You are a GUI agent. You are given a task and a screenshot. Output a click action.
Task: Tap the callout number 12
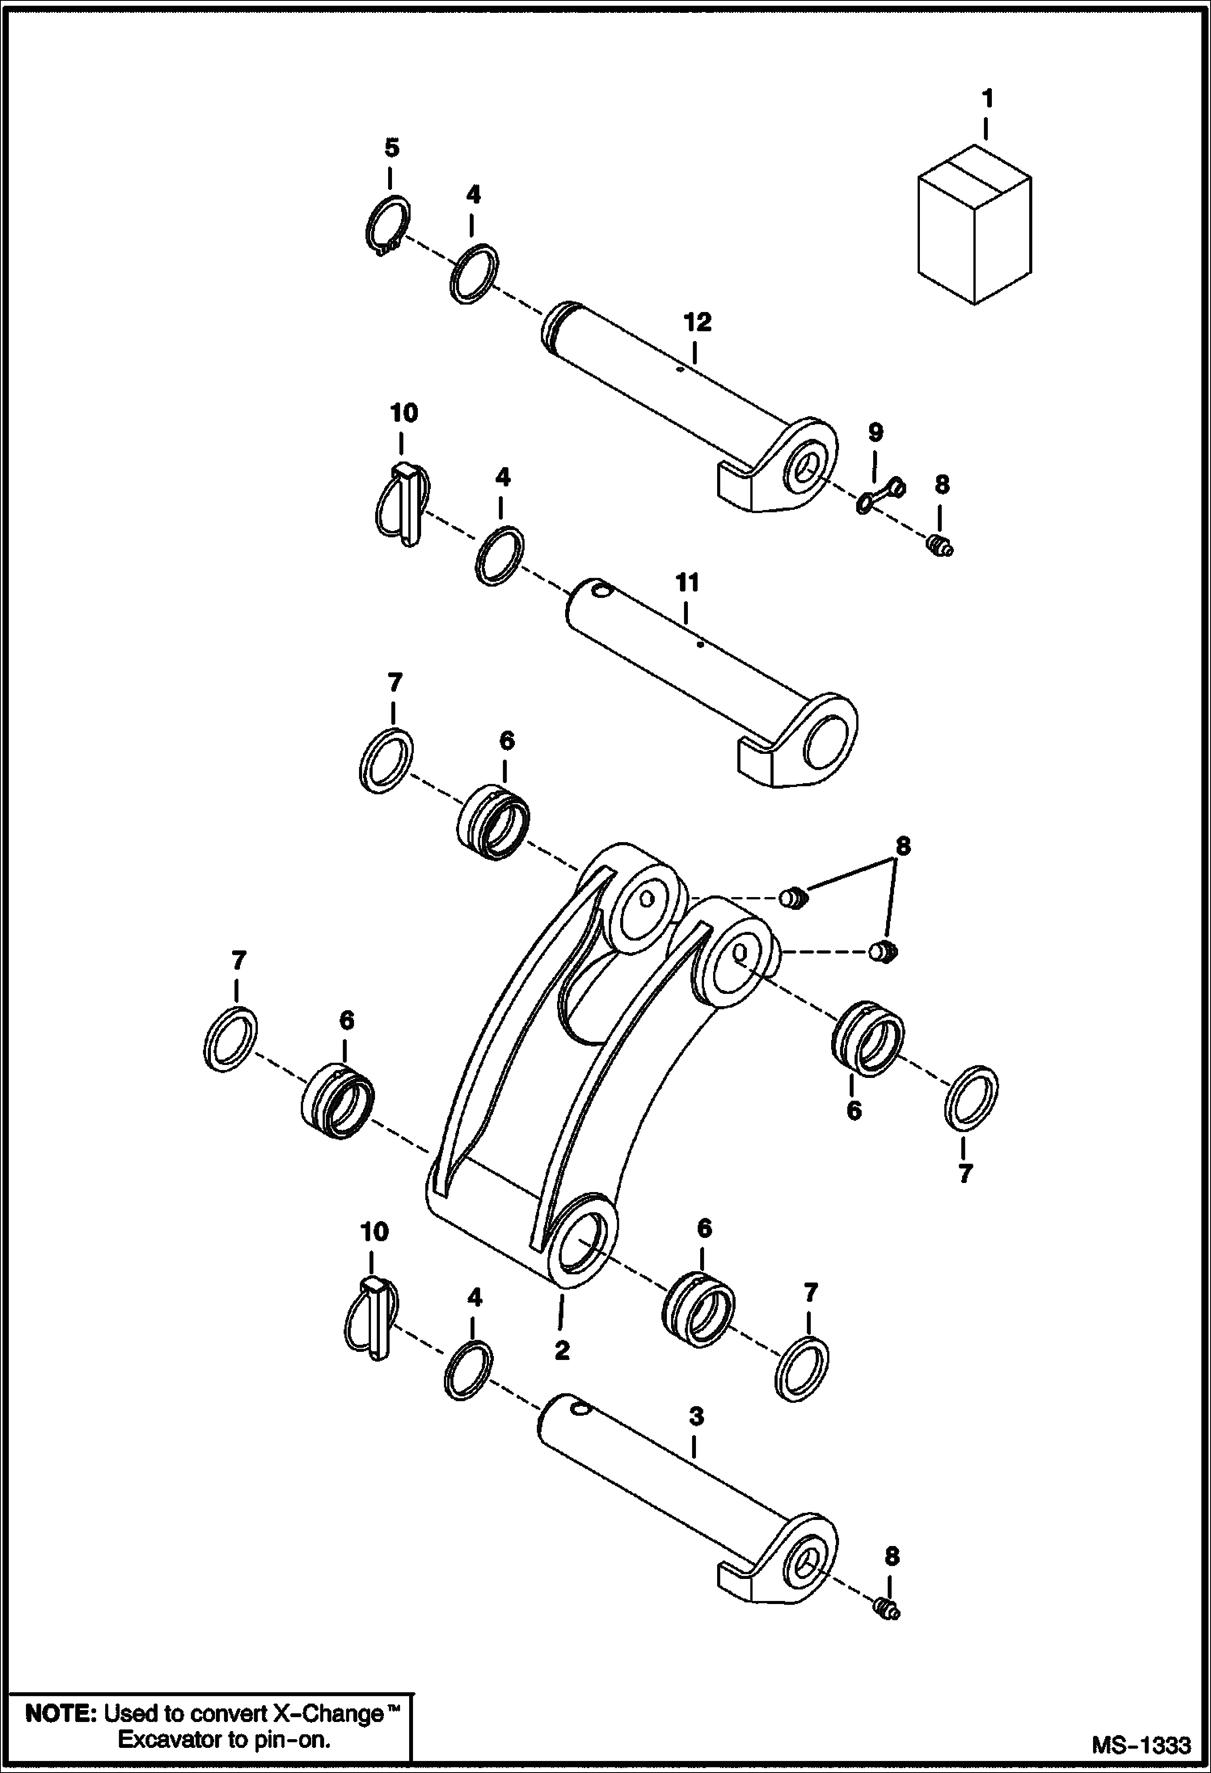pos(697,322)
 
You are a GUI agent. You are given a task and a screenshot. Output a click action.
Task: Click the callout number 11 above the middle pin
pos(686,583)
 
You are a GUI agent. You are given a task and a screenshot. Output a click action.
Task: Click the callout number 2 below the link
pos(562,1350)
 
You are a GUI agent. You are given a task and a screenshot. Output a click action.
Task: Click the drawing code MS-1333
pos(1141,1746)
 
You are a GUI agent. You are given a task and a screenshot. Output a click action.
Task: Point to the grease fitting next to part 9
pos(939,547)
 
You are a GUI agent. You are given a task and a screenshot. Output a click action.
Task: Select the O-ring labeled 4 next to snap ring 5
pos(474,274)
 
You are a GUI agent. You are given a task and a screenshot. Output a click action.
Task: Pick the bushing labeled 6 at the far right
pos(867,1038)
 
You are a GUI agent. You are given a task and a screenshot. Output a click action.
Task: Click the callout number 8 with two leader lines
pos(902,846)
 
